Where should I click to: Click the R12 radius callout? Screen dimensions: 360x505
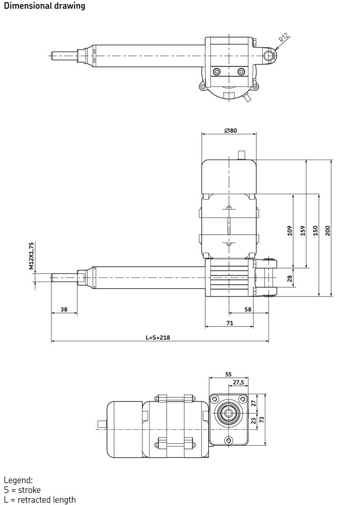point(284,38)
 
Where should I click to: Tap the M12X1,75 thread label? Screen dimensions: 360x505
point(31,256)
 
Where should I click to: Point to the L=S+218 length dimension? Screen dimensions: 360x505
point(158,338)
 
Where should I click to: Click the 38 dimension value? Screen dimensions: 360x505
point(64,309)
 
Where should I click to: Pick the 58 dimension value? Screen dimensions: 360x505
point(248,309)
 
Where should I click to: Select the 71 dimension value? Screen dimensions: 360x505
point(230,323)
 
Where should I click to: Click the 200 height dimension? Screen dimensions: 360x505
point(328,231)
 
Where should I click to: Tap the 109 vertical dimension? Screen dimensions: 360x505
point(290,231)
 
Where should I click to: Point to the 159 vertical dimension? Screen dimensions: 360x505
point(302,231)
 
